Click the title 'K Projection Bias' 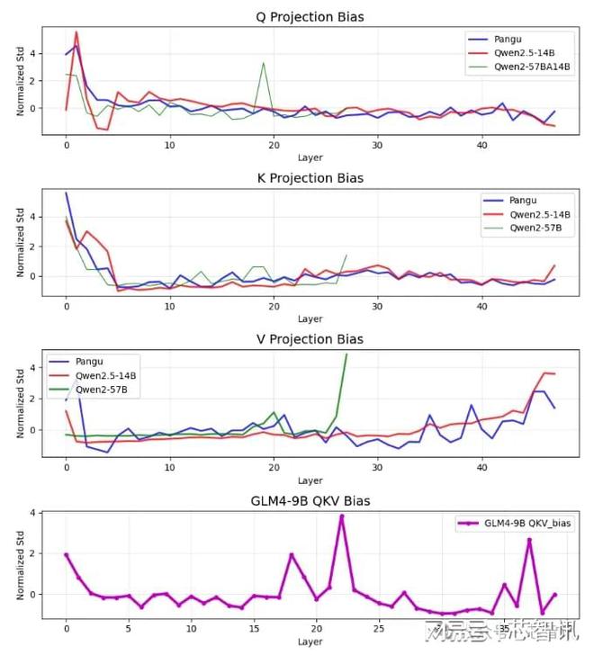point(310,177)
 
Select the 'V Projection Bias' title point(310,339)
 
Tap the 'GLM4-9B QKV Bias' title point(310,501)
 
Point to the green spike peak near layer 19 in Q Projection point(263,63)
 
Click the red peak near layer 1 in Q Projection point(76,32)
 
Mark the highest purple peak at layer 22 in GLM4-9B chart point(341,516)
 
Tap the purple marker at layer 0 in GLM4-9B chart point(66,555)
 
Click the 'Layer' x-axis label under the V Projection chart point(310,480)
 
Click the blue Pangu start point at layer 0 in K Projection point(66,193)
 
